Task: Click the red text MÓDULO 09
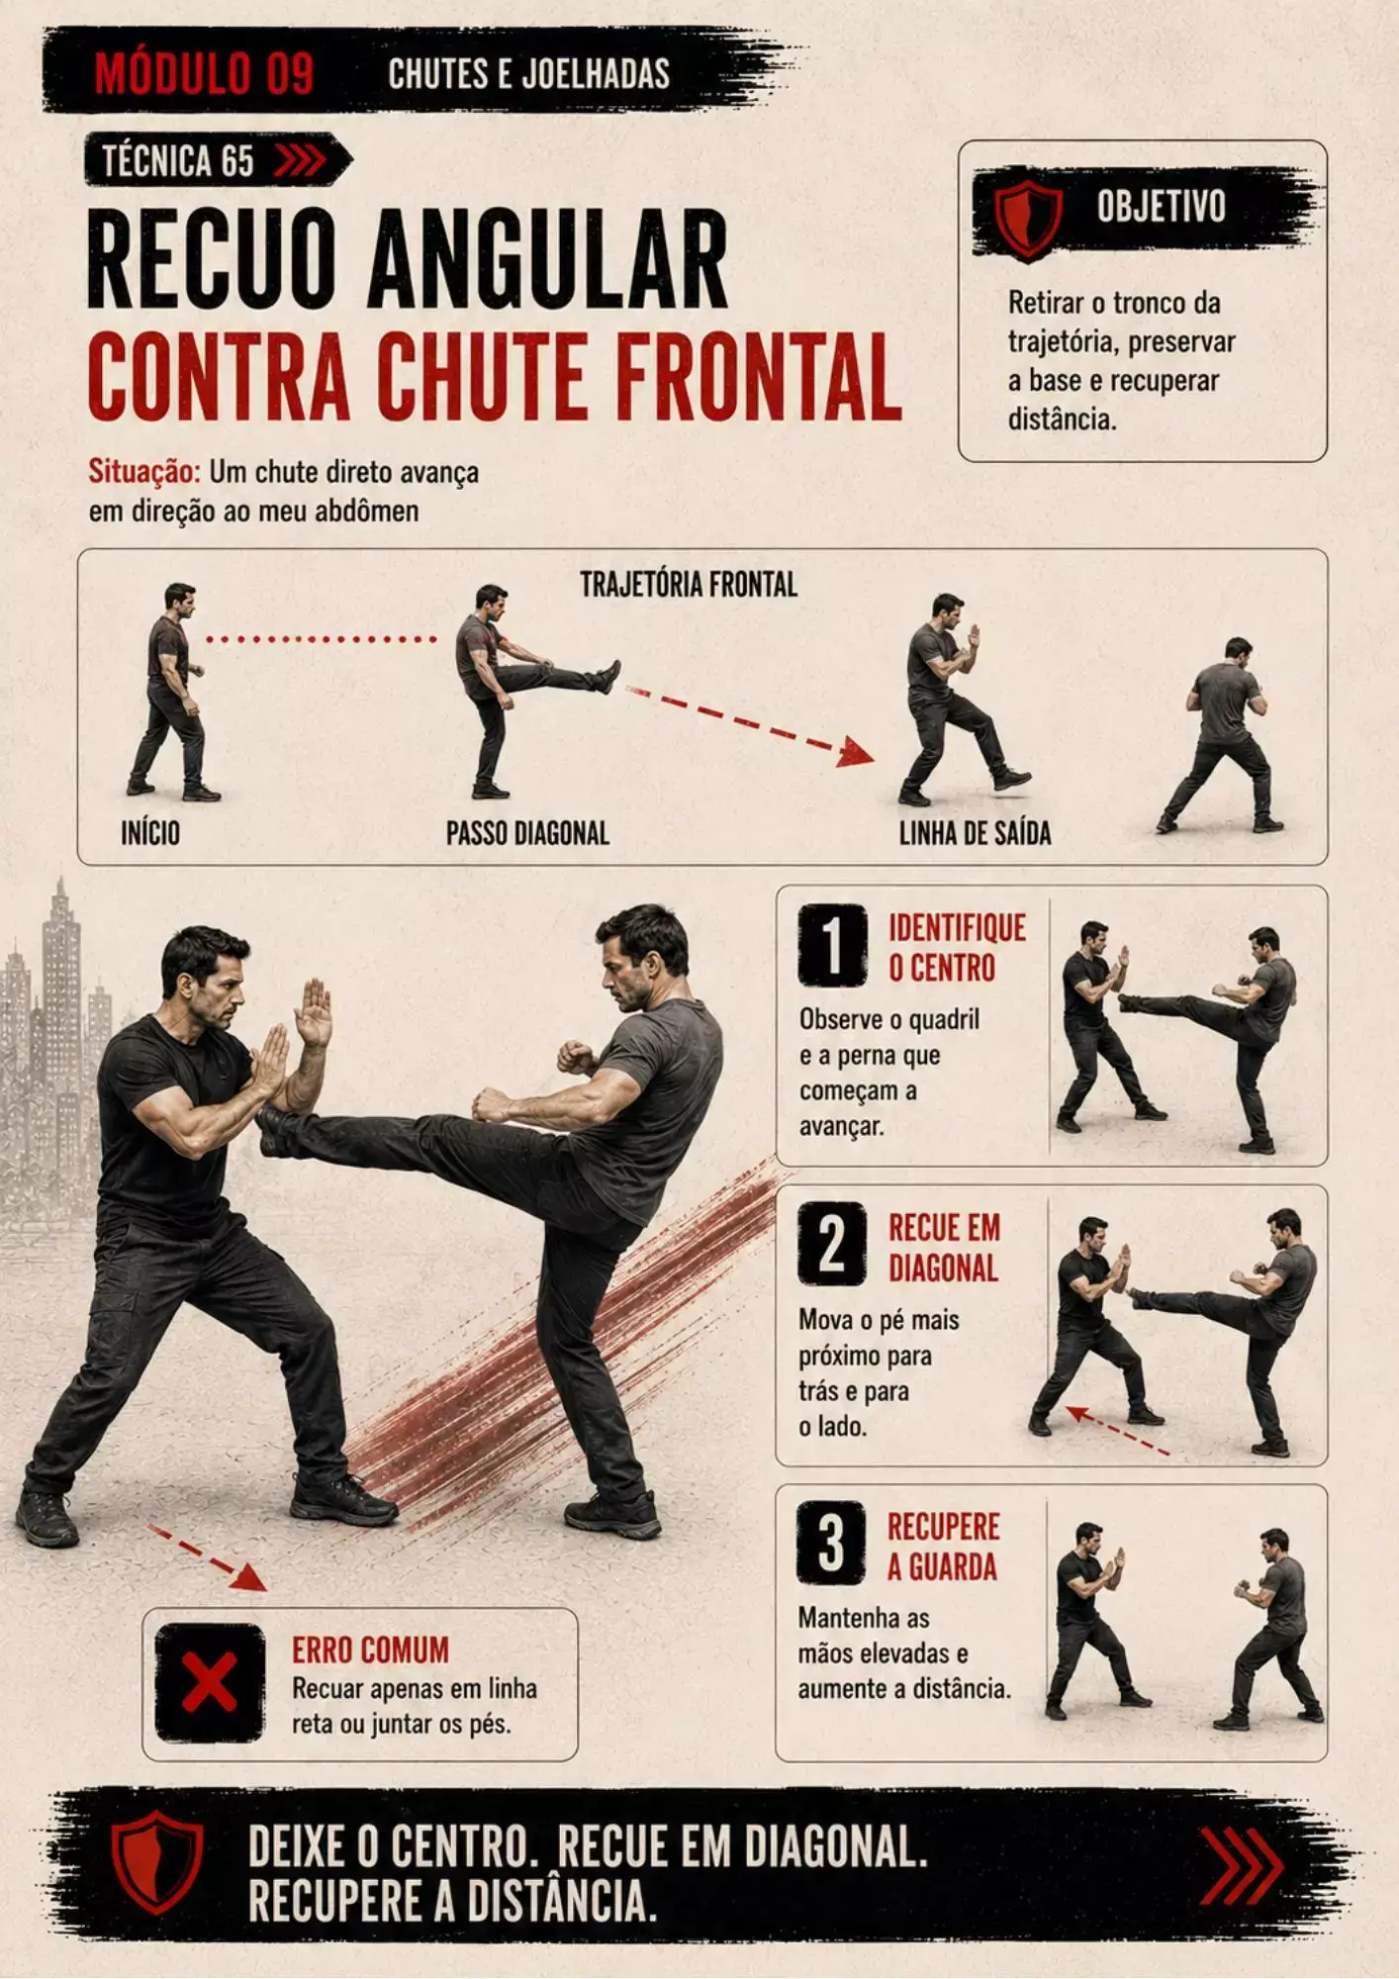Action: pos(205,73)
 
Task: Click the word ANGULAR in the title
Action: pos(548,259)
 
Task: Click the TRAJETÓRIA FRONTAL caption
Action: pos(689,585)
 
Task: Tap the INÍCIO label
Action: pos(150,833)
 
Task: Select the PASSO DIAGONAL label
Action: pos(527,833)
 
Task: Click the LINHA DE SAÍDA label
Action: pos(975,833)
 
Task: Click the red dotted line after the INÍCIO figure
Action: pos(322,639)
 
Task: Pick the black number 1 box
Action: pos(832,945)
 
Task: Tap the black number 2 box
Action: pos(832,1244)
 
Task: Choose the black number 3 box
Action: pos(832,1543)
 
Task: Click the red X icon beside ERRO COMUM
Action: pos(210,1682)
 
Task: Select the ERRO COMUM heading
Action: pos(370,1649)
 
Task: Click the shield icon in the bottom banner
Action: pos(157,1863)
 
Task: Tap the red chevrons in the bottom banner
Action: pos(1242,1866)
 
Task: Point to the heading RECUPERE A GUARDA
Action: pos(943,1547)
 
